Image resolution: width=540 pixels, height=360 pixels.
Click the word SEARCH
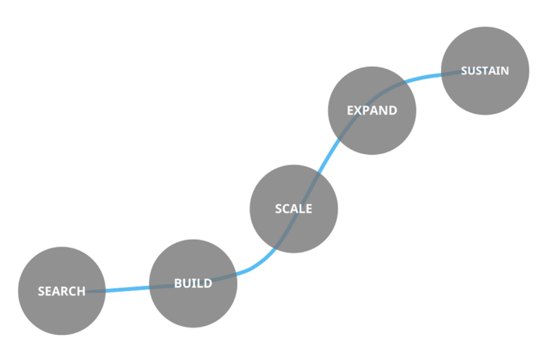pyautogui.click(x=61, y=291)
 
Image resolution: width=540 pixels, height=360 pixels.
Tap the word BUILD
pyautogui.click(x=193, y=283)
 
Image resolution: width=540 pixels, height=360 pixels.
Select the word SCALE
pyautogui.click(x=293, y=209)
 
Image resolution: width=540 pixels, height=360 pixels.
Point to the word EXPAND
pyautogui.click(x=372, y=110)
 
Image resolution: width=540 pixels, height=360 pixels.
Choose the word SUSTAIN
pyautogui.click(x=484, y=71)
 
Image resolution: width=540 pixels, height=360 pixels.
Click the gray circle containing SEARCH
pyautogui.click(x=61, y=313)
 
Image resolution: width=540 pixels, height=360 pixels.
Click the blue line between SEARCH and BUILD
pyautogui.click(x=127, y=288)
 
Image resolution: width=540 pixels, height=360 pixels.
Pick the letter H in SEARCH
pyautogui.click(x=81, y=291)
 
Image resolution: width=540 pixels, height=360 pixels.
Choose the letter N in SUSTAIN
pyautogui.click(x=504, y=71)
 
